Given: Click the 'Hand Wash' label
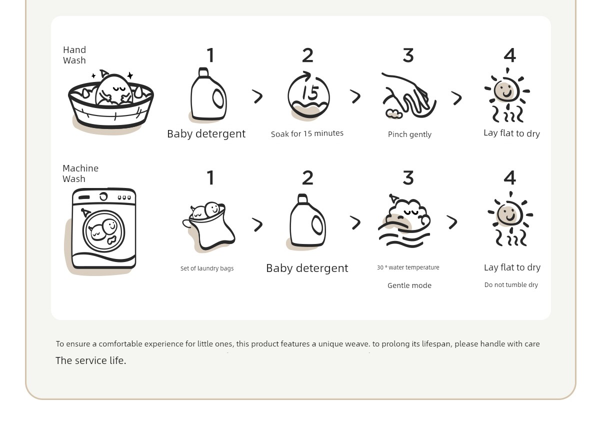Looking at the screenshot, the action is (74, 55).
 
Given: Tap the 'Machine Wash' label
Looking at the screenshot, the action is (80, 173).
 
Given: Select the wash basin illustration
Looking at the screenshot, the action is (111, 102).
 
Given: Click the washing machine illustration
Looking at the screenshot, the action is (104, 228).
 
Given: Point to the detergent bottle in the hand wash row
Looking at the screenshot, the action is (208, 94).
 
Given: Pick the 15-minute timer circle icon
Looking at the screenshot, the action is (308, 94).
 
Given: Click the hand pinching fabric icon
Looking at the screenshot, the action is (409, 95).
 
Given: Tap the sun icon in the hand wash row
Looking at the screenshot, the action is (507, 95).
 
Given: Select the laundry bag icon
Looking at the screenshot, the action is (209, 226).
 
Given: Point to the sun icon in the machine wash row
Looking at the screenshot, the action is (510, 218).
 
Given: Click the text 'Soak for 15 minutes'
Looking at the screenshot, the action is (307, 133).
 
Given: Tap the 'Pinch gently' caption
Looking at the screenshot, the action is (409, 134).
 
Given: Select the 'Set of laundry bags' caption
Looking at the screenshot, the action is (207, 268).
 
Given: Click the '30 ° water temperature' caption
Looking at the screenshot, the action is (408, 267).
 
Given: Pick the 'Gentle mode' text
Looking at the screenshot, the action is (409, 285).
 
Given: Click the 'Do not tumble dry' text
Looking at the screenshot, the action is (511, 284).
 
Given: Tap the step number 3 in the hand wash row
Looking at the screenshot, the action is (408, 55).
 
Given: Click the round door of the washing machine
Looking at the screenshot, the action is (103, 231).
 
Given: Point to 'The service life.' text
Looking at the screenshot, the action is (91, 360).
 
